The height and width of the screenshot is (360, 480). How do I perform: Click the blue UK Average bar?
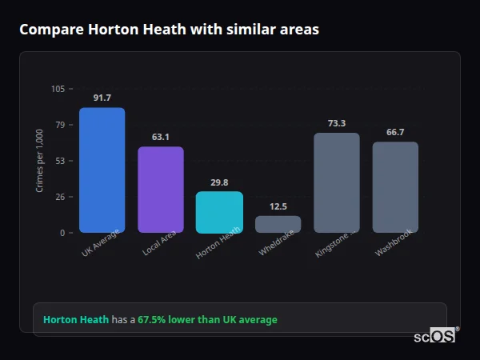(x=102, y=170)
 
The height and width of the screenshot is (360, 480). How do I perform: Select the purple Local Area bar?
(x=161, y=190)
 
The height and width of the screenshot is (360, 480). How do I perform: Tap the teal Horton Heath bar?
(x=219, y=212)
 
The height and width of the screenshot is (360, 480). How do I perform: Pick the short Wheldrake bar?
(x=278, y=224)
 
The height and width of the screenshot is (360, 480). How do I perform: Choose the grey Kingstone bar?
(x=336, y=182)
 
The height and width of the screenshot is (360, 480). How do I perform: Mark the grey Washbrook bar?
(x=395, y=187)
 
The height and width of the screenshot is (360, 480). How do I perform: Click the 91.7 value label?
(x=102, y=98)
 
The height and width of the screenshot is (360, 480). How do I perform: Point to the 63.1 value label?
(x=161, y=137)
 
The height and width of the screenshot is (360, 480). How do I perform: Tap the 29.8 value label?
(x=219, y=182)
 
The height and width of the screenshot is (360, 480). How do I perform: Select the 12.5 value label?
(x=278, y=206)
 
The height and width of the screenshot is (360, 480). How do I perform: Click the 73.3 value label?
(x=336, y=123)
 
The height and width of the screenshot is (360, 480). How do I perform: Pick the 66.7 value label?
(x=395, y=132)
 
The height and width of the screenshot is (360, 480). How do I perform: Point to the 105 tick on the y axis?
(x=58, y=89)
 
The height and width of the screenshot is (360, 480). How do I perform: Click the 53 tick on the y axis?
(x=60, y=161)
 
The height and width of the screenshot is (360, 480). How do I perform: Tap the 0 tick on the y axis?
(x=62, y=233)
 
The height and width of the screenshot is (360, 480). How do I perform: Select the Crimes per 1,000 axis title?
(x=40, y=161)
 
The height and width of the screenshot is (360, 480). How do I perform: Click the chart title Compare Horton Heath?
(x=169, y=30)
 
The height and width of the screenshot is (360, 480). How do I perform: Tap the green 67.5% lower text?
(x=207, y=320)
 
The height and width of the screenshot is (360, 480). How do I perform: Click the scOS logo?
(x=435, y=336)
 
